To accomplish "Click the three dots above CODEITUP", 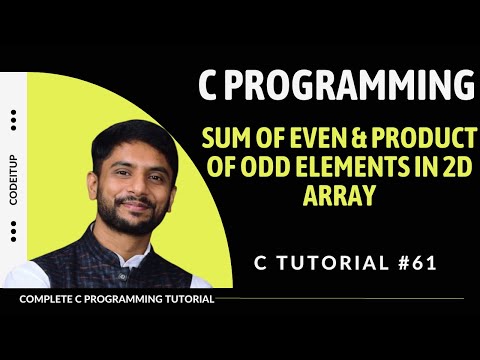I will pyautogui.click(x=13, y=120).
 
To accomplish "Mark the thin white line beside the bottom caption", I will pyautogui.click(x=340, y=299).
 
